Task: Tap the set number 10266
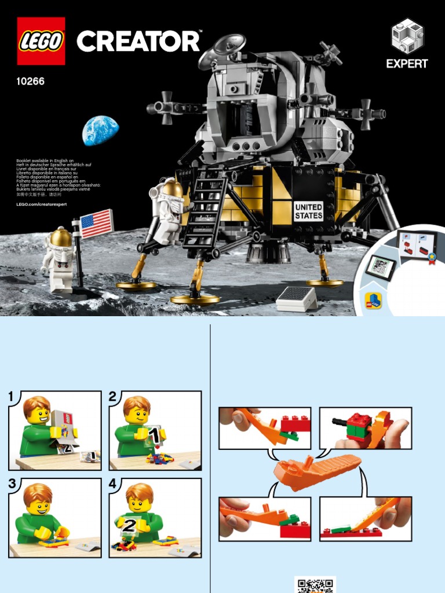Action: click(31, 82)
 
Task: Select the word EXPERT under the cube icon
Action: click(407, 64)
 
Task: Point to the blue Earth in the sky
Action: click(100, 130)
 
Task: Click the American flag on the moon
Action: click(96, 224)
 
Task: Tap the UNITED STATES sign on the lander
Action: click(308, 211)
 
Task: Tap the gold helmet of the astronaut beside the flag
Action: click(61, 237)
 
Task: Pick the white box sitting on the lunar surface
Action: click(296, 298)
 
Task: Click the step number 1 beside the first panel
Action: click(11, 397)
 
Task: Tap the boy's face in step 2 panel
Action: click(138, 413)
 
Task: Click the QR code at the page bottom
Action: click(315, 584)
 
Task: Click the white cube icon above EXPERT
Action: click(407, 36)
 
